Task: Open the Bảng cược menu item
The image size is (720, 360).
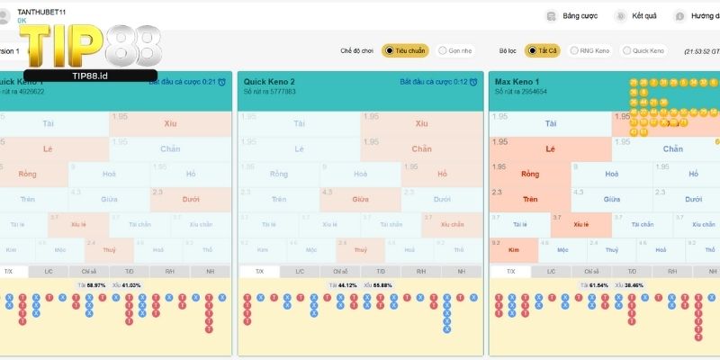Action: (x=577, y=16)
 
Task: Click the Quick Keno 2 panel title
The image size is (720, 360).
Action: (x=270, y=81)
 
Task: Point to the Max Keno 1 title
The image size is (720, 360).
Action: (x=519, y=81)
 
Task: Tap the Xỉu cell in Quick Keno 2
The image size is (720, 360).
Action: (x=422, y=123)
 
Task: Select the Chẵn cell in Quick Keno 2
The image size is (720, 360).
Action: (x=422, y=148)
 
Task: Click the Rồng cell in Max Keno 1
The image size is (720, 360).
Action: (x=530, y=174)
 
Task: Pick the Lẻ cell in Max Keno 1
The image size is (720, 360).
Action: (x=550, y=148)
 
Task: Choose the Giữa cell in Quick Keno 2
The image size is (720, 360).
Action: (x=360, y=199)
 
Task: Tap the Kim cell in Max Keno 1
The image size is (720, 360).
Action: (x=515, y=249)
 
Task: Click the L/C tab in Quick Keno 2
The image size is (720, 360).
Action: (x=300, y=271)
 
